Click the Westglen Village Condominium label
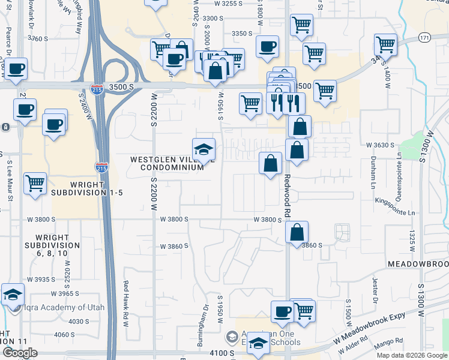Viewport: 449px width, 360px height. pyautogui.click(x=167, y=163)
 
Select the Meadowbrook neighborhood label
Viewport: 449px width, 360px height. pyautogui.click(x=418, y=264)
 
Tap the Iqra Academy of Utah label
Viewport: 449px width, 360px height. pyautogui.click(x=64, y=308)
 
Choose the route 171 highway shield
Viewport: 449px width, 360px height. pyautogui.click(x=424, y=37)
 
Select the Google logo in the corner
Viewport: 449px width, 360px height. pyautogui.click(x=20, y=353)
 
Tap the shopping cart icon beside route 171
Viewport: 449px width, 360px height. pyautogui.click(x=385, y=44)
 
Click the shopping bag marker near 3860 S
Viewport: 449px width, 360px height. pyautogui.click(x=297, y=232)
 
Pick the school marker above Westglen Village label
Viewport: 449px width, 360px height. pyautogui.click(x=203, y=150)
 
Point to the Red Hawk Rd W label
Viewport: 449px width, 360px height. pyautogui.click(x=126, y=304)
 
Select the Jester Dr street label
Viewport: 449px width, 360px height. pyautogui.click(x=373, y=292)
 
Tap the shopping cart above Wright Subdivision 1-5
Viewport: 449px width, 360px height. pyautogui.click(x=35, y=183)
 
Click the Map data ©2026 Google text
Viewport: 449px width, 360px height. pyautogui.click(x=411, y=355)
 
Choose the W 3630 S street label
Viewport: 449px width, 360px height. pyautogui.click(x=380, y=145)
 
